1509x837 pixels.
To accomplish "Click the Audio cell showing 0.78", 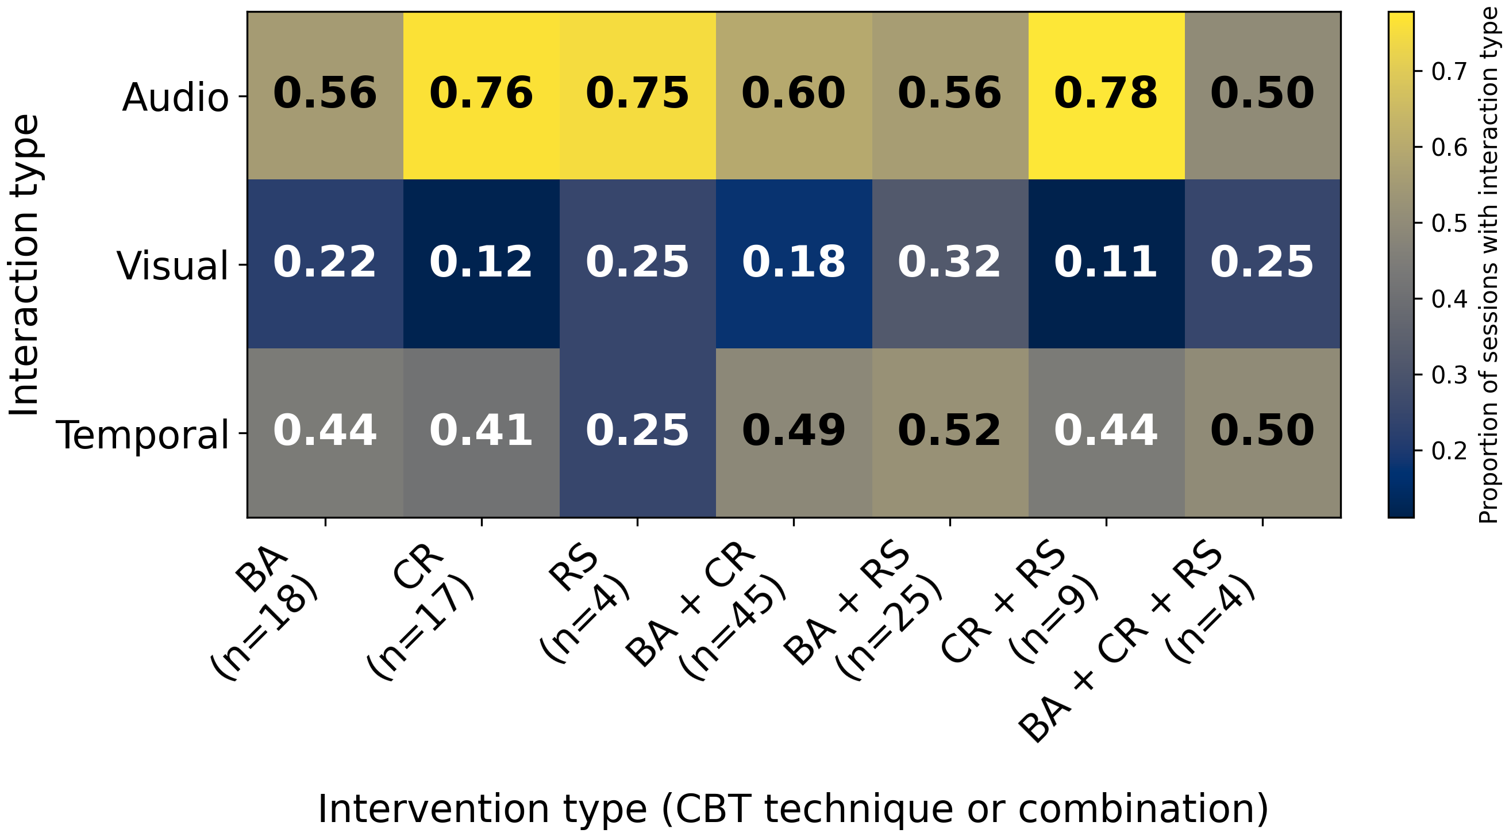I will (x=1106, y=94).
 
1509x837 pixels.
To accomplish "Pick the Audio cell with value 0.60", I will (x=793, y=94).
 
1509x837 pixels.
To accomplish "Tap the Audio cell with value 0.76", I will (x=481, y=94).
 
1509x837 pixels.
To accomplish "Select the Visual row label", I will (x=172, y=266).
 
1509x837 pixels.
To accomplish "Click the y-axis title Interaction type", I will (x=25, y=265).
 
